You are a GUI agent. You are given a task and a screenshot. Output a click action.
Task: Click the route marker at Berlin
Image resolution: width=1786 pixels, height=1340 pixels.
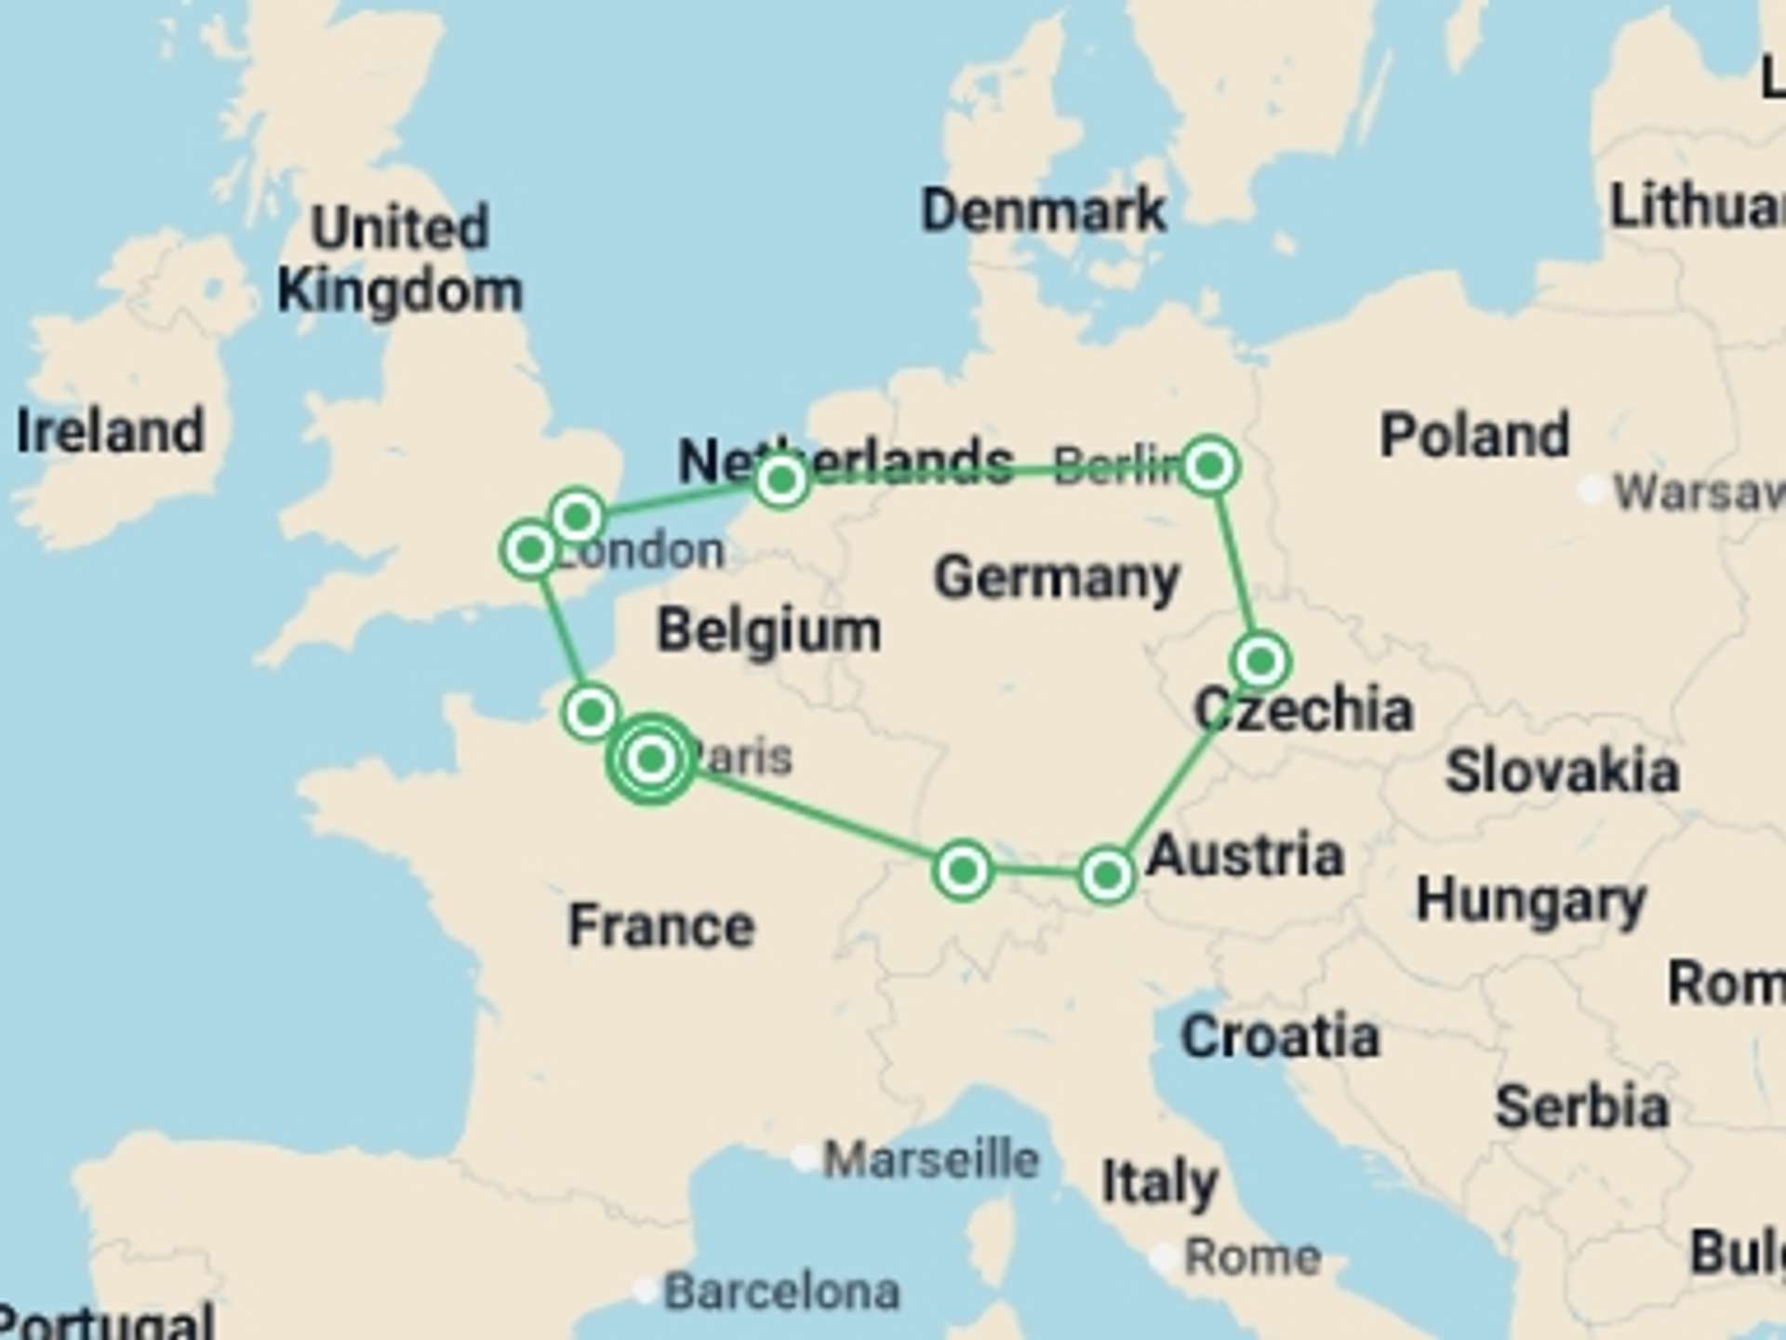(1209, 465)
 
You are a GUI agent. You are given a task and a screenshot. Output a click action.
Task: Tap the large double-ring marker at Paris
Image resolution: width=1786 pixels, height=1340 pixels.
(651, 759)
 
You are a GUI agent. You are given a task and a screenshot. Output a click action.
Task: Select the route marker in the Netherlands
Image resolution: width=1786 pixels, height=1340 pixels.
(781, 480)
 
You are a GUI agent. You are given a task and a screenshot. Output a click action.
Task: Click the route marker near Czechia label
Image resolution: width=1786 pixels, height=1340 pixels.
(1260, 662)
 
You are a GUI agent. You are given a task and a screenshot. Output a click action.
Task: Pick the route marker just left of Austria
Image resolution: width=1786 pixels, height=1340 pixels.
(1106, 875)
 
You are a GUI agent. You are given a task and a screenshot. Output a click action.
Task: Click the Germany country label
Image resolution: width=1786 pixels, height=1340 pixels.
(1057, 578)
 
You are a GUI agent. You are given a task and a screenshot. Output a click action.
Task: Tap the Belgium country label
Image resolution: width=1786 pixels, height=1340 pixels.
(768, 631)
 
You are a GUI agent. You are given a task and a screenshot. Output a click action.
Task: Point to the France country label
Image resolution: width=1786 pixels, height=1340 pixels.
(661, 926)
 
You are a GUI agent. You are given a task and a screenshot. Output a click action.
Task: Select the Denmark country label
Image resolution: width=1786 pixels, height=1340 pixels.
(1043, 210)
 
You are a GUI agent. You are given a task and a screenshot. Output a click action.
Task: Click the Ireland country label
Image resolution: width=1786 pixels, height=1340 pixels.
(111, 431)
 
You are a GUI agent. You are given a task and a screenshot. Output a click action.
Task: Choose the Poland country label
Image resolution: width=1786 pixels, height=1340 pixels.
(1474, 435)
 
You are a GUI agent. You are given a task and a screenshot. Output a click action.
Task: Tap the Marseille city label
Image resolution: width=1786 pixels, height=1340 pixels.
(930, 1159)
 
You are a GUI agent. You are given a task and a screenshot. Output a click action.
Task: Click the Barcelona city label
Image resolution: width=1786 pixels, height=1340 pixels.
(781, 1292)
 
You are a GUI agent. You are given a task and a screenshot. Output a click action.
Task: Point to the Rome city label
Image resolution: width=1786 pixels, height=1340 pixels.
(1252, 1258)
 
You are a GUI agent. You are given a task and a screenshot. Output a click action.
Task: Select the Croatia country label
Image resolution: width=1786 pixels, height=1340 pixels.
(1279, 1037)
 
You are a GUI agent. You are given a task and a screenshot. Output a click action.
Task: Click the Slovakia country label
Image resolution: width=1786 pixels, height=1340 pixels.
(1562, 772)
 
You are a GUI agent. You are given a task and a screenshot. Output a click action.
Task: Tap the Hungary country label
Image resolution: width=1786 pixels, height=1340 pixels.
(1530, 901)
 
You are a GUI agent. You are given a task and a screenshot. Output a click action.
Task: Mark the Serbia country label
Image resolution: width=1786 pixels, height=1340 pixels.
(1581, 1106)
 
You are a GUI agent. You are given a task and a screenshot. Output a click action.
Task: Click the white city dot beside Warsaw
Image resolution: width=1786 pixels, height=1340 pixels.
(1592, 489)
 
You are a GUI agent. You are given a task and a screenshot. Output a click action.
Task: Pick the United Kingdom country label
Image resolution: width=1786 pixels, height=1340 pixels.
(400, 260)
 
